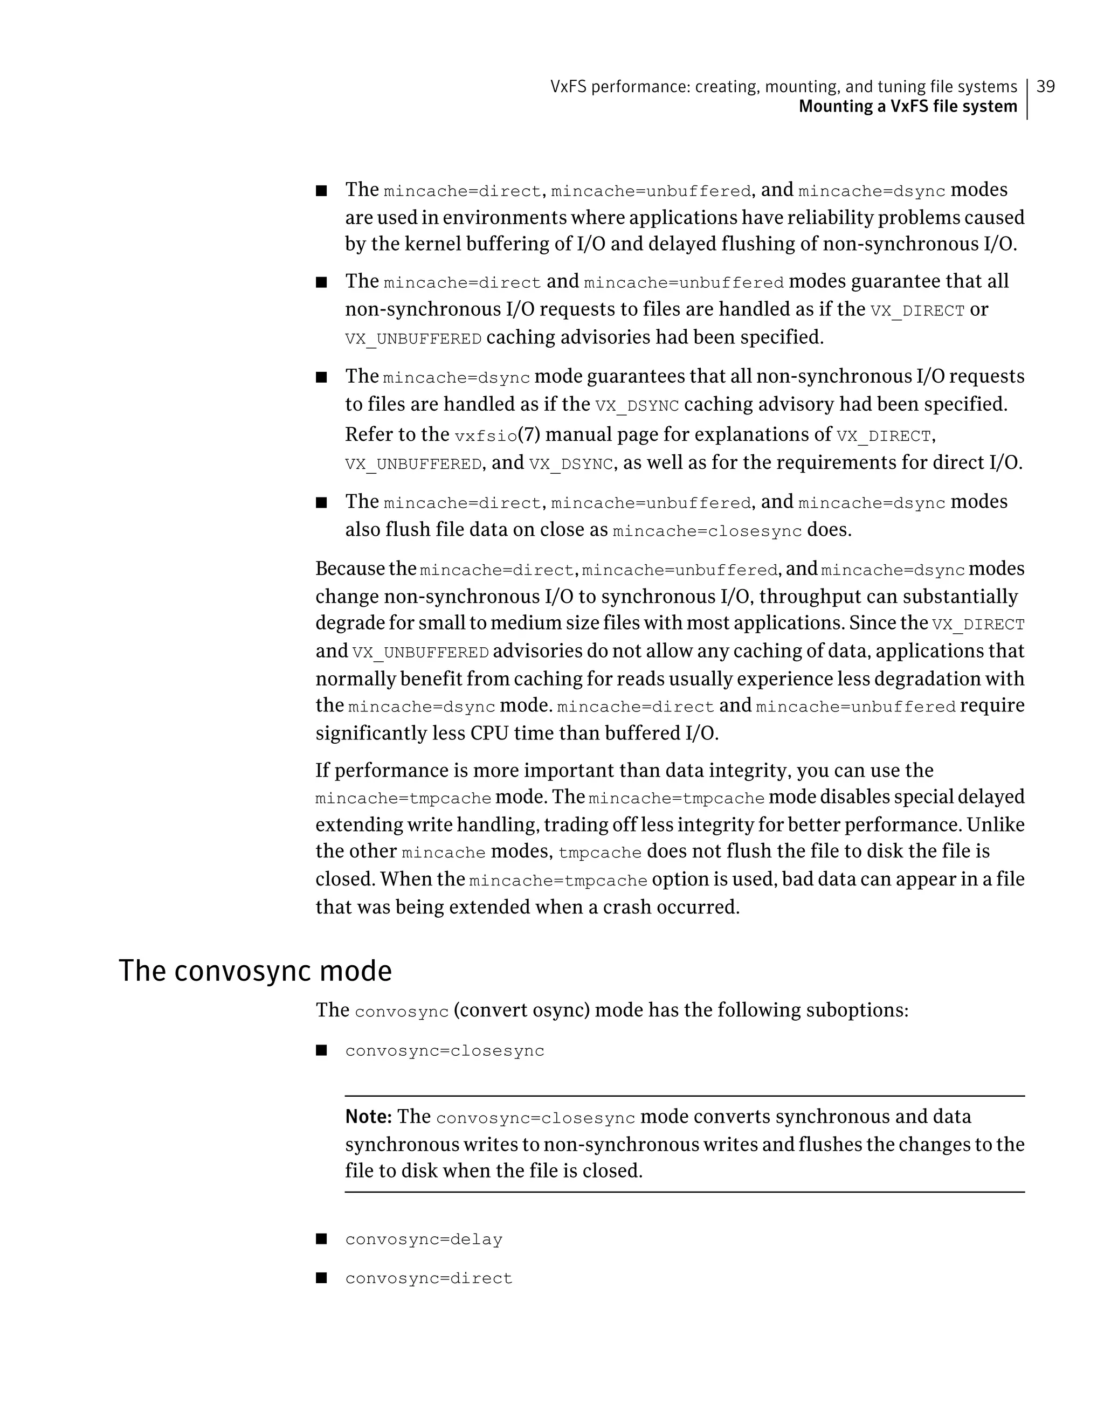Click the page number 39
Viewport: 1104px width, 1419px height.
click(x=1046, y=86)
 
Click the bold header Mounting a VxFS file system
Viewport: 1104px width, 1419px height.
click(x=907, y=107)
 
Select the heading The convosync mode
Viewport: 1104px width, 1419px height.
click(x=256, y=971)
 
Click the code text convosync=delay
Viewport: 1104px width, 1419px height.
click(x=424, y=1240)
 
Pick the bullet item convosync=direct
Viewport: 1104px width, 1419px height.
click(x=429, y=1279)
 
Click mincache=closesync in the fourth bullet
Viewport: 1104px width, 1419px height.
click(x=707, y=531)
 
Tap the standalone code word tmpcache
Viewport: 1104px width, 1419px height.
click(x=600, y=853)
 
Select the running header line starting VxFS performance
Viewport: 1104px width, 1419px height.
click(x=784, y=86)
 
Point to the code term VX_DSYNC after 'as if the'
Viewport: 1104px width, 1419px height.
click(x=637, y=406)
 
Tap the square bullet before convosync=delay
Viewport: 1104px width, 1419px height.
click(x=321, y=1239)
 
